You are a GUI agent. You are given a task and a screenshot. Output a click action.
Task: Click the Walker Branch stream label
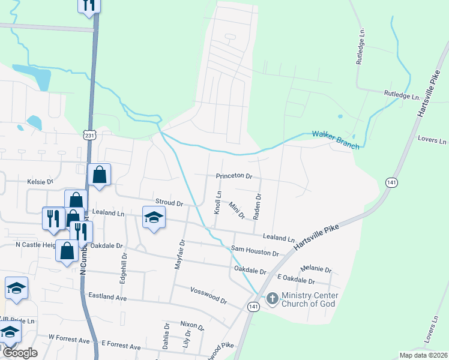pyautogui.click(x=336, y=139)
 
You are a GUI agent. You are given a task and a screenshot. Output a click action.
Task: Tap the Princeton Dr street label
pyautogui.click(x=234, y=177)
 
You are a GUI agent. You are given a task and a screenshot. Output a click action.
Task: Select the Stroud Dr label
pyautogui.click(x=169, y=202)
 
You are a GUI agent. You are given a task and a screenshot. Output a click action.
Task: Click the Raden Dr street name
pyautogui.click(x=258, y=206)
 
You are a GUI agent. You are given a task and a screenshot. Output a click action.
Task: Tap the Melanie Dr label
pyautogui.click(x=316, y=269)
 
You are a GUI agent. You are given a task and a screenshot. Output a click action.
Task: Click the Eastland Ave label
pyautogui.click(x=107, y=296)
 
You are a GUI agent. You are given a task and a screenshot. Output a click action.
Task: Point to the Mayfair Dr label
pyautogui.click(x=178, y=254)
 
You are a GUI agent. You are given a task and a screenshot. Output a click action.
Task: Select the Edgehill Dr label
pyautogui.click(x=124, y=263)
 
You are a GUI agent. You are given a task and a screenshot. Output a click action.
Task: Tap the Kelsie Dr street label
pyautogui.click(x=40, y=181)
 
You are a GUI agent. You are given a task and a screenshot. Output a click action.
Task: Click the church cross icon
pyautogui.click(x=272, y=298)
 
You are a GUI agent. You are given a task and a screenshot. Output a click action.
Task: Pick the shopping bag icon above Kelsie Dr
pyautogui.click(x=99, y=175)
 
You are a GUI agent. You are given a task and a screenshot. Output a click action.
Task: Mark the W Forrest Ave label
pyautogui.click(x=68, y=340)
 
